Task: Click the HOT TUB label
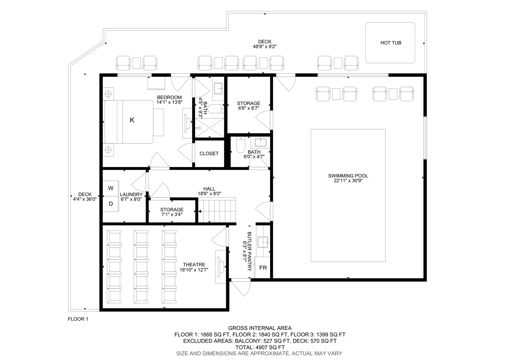pyautogui.click(x=391, y=43)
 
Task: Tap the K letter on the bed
pyautogui.click(x=132, y=120)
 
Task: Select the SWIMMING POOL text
pyautogui.click(x=348, y=176)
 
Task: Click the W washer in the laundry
pyautogui.click(x=111, y=188)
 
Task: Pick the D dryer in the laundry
pyautogui.click(x=111, y=204)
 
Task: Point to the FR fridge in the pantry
pyautogui.click(x=263, y=268)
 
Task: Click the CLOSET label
pyautogui.click(x=209, y=154)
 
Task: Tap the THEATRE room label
pyautogui.click(x=194, y=265)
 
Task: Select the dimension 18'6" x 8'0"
pyautogui.click(x=209, y=194)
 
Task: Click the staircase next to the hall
pyautogui.click(x=217, y=210)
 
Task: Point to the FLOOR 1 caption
pyautogui.click(x=78, y=319)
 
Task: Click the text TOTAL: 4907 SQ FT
pyautogui.click(x=260, y=347)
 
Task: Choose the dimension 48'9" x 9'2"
pyautogui.click(x=265, y=47)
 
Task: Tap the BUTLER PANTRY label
pyautogui.click(x=249, y=251)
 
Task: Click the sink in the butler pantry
pyautogui.click(x=263, y=243)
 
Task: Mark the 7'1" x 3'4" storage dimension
pyautogui.click(x=172, y=214)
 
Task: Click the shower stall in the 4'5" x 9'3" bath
pyautogui.click(x=210, y=128)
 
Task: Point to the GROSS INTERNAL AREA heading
pyautogui.click(x=260, y=328)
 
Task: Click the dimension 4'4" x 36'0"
pyautogui.click(x=85, y=199)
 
